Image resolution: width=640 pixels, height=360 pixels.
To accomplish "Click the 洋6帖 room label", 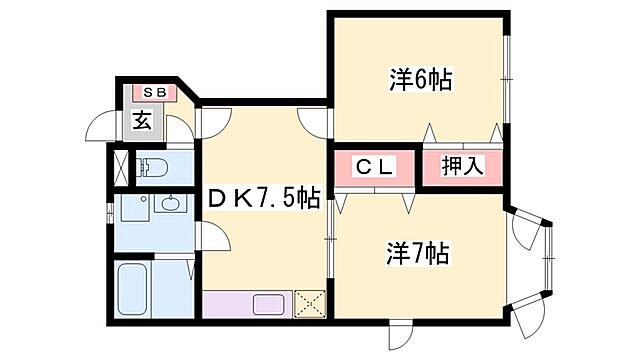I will coord(420,80).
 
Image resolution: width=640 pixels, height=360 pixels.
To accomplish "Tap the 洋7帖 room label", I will coord(418,256).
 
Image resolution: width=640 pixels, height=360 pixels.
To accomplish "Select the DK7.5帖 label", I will coord(264,199).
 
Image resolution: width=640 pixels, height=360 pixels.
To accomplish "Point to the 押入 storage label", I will coord(463,167).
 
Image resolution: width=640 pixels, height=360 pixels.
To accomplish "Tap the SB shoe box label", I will coord(155,93).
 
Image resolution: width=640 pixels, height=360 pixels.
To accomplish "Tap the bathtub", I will coord(134,290).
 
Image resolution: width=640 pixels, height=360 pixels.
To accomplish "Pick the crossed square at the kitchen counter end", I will coord(311,303).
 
